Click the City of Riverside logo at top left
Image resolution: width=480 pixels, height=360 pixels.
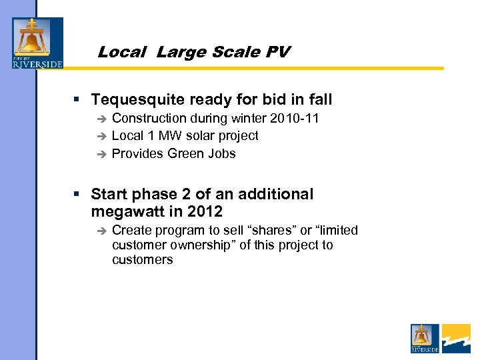(37, 43)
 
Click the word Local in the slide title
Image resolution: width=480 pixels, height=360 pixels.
(121, 52)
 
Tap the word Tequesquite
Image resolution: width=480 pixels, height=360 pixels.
(138, 100)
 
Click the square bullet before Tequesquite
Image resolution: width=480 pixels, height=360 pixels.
(77, 100)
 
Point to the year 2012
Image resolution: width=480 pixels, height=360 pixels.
(205, 212)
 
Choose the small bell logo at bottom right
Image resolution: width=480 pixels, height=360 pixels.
(424, 339)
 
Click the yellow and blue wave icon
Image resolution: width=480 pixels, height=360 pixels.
(456, 339)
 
